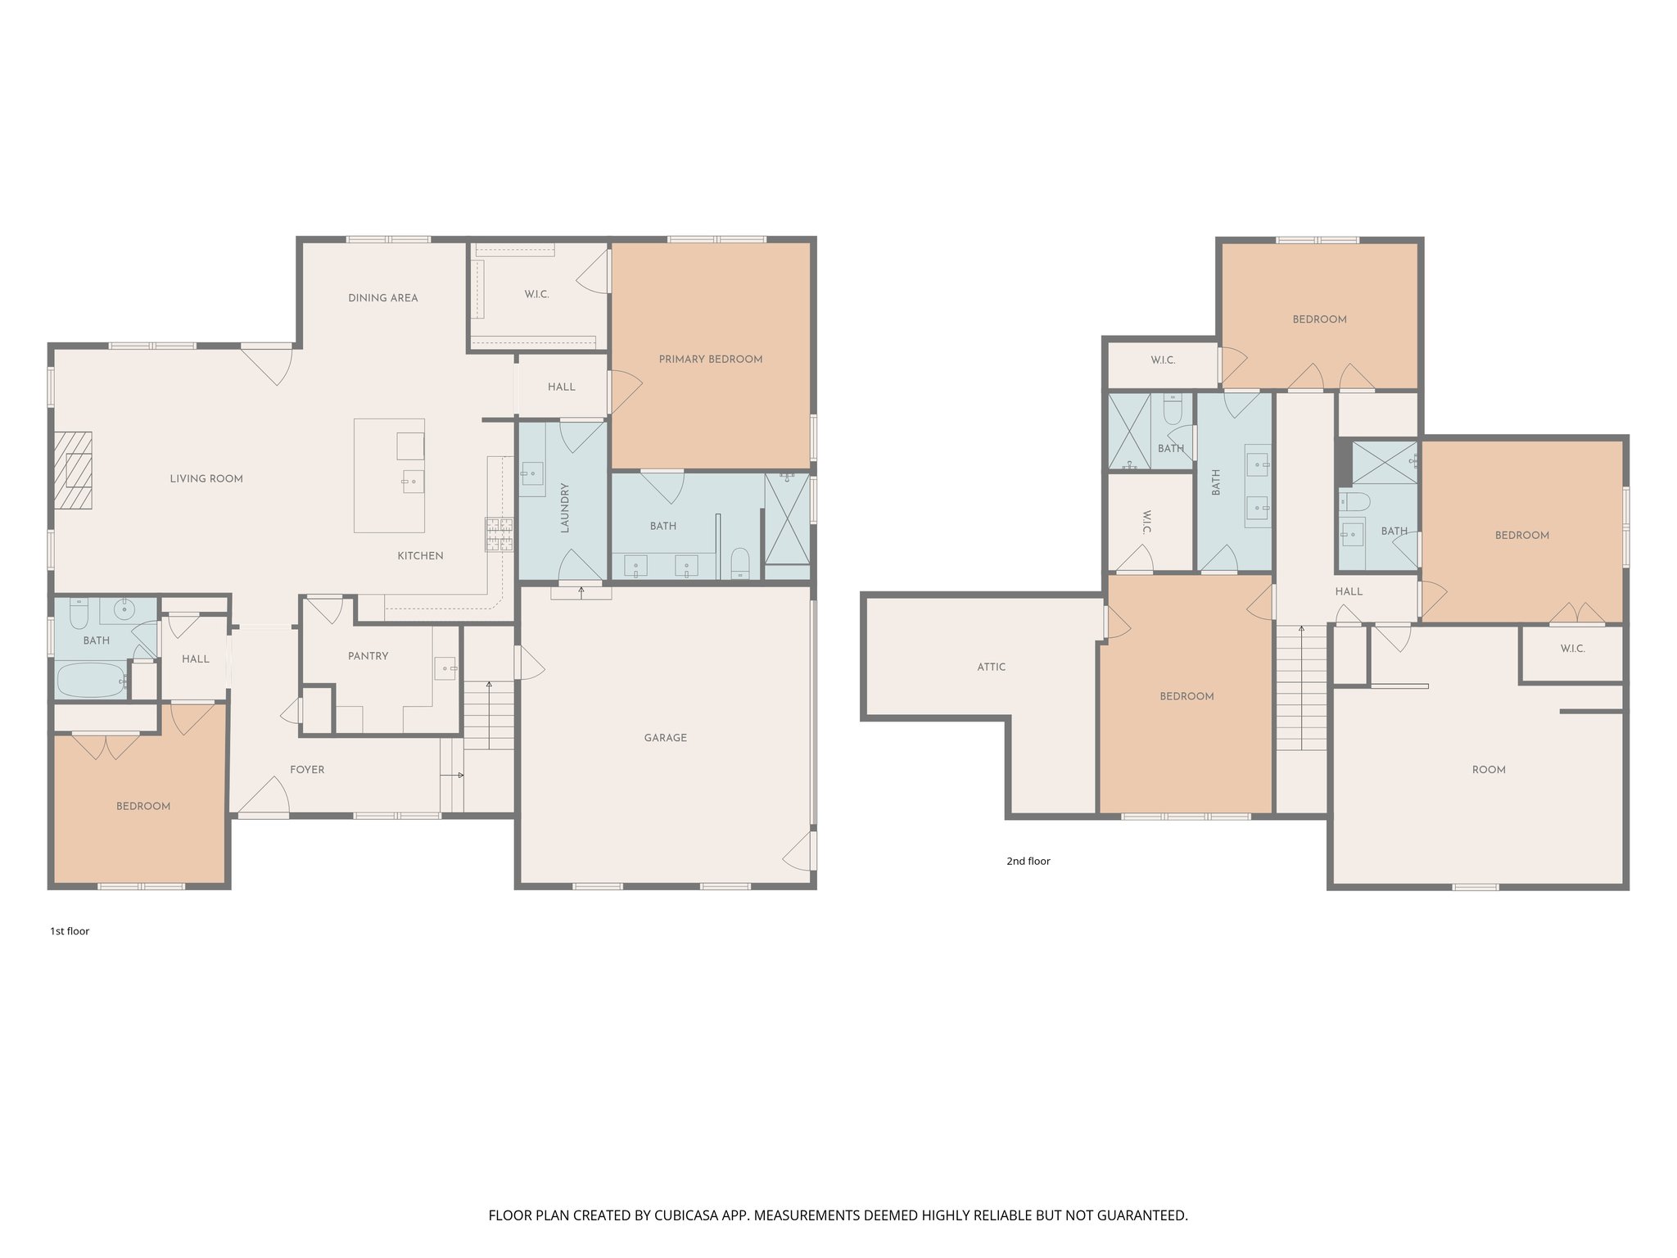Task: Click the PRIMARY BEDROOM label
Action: click(x=710, y=360)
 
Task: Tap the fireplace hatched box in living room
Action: click(x=73, y=470)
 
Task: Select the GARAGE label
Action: click(x=665, y=738)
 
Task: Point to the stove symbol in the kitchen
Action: click(x=499, y=534)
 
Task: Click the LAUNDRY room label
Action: click(x=564, y=508)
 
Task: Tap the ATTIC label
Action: click(x=991, y=667)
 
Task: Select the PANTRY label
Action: click(x=368, y=656)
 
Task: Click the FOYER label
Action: click(x=307, y=770)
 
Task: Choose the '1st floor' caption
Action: click(x=70, y=931)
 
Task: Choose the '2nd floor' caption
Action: click(x=1028, y=861)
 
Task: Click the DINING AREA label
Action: click(x=382, y=298)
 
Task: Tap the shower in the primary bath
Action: click(x=786, y=518)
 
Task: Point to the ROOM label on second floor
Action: click(x=1488, y=770)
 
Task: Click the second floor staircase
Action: click(x=1301, y=688)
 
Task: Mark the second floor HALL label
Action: click(x=1348, y=591)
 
